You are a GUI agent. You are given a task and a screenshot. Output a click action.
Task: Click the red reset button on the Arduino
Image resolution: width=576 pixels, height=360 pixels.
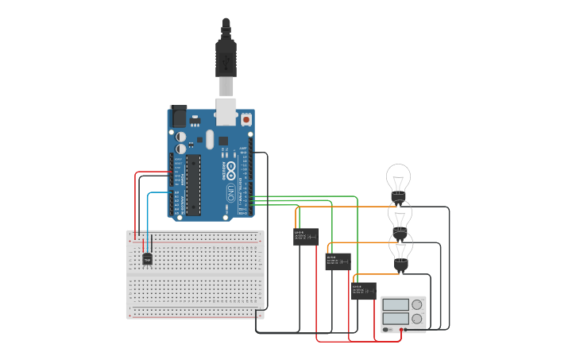click(245, 119)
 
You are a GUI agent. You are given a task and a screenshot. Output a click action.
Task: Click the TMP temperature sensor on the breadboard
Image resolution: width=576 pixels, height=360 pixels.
click(147, 259)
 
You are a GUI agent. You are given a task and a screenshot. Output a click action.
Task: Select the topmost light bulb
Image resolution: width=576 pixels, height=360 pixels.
click(398, 179)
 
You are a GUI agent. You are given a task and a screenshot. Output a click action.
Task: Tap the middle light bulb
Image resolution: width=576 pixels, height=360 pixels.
click(400, 215)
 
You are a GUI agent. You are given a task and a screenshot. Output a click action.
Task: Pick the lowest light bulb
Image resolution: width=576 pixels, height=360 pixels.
click(400, 248)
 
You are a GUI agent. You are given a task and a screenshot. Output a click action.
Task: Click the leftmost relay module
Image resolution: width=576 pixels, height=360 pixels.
click(306, 236)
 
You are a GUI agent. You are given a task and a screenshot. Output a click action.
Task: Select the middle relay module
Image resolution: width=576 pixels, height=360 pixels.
click(338, 261)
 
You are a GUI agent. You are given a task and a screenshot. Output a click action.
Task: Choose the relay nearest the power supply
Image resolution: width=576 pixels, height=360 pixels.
click(364, 290)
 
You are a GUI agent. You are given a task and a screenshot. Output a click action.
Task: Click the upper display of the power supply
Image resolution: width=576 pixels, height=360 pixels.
click(395, 304)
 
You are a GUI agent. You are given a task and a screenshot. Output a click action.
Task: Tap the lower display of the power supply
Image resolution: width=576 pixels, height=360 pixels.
click(395, 318)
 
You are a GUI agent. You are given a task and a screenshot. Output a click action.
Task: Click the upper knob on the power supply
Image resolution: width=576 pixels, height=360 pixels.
click(416, 304)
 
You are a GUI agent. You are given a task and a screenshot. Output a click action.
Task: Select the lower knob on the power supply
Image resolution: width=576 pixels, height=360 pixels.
click(416, 318)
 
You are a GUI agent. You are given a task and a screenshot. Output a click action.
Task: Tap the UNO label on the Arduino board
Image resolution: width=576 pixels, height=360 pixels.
click(231, 192)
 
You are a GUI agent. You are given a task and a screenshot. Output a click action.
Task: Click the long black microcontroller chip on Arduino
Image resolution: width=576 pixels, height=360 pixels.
click(194, 184)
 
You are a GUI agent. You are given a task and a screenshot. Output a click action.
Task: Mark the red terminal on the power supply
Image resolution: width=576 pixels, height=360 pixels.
click(404, 329)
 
